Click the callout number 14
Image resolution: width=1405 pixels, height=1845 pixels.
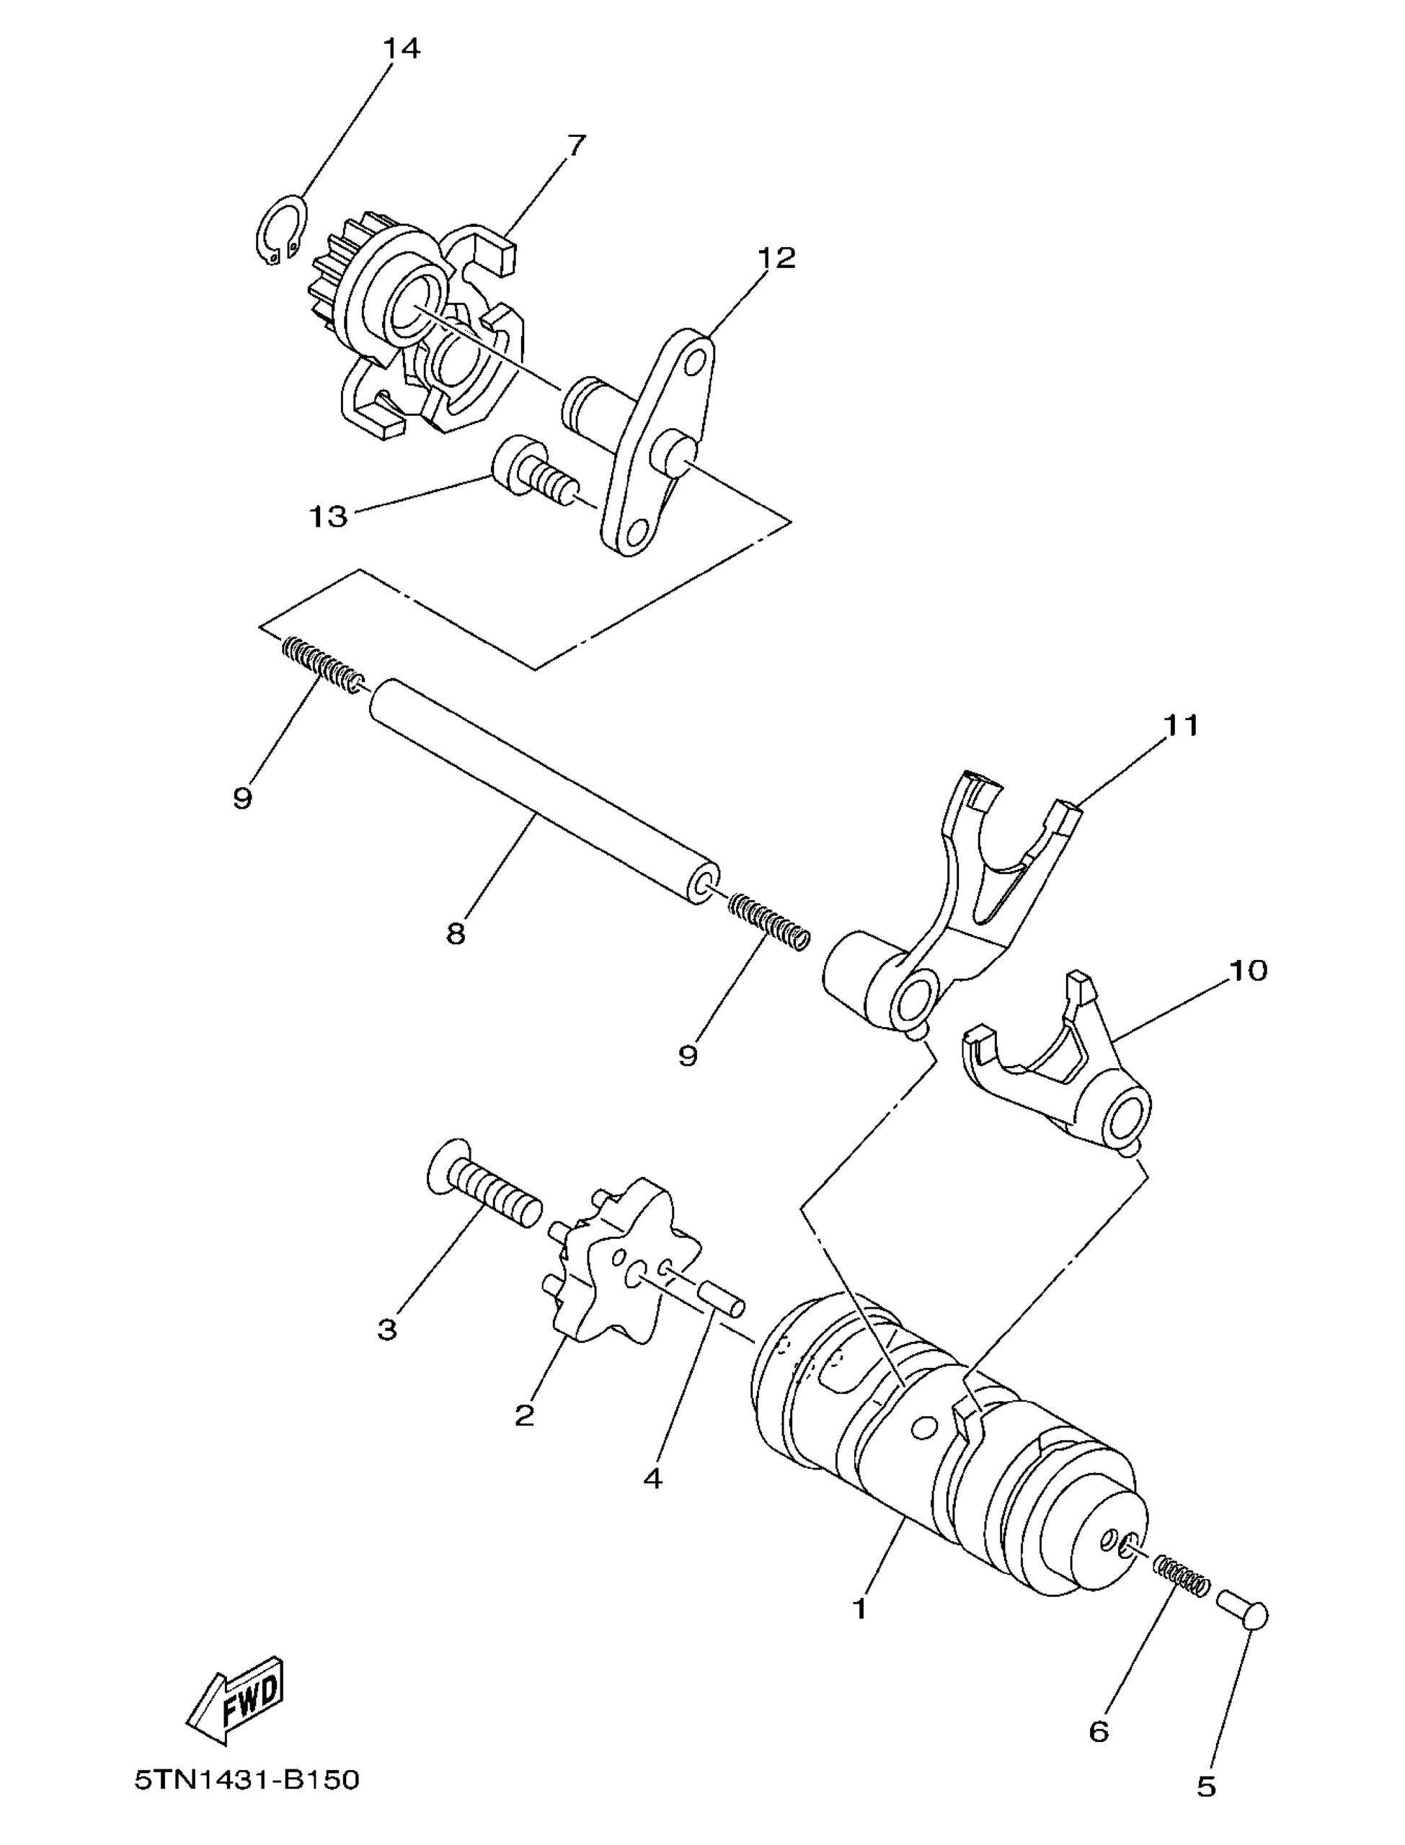(402, 48)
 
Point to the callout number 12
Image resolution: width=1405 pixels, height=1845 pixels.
(777, 257)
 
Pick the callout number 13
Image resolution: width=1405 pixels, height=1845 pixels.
(329, 517)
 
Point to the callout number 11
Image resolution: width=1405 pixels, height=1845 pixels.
(1180, 725)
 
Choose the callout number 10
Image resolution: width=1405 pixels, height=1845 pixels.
(1249, 970)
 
